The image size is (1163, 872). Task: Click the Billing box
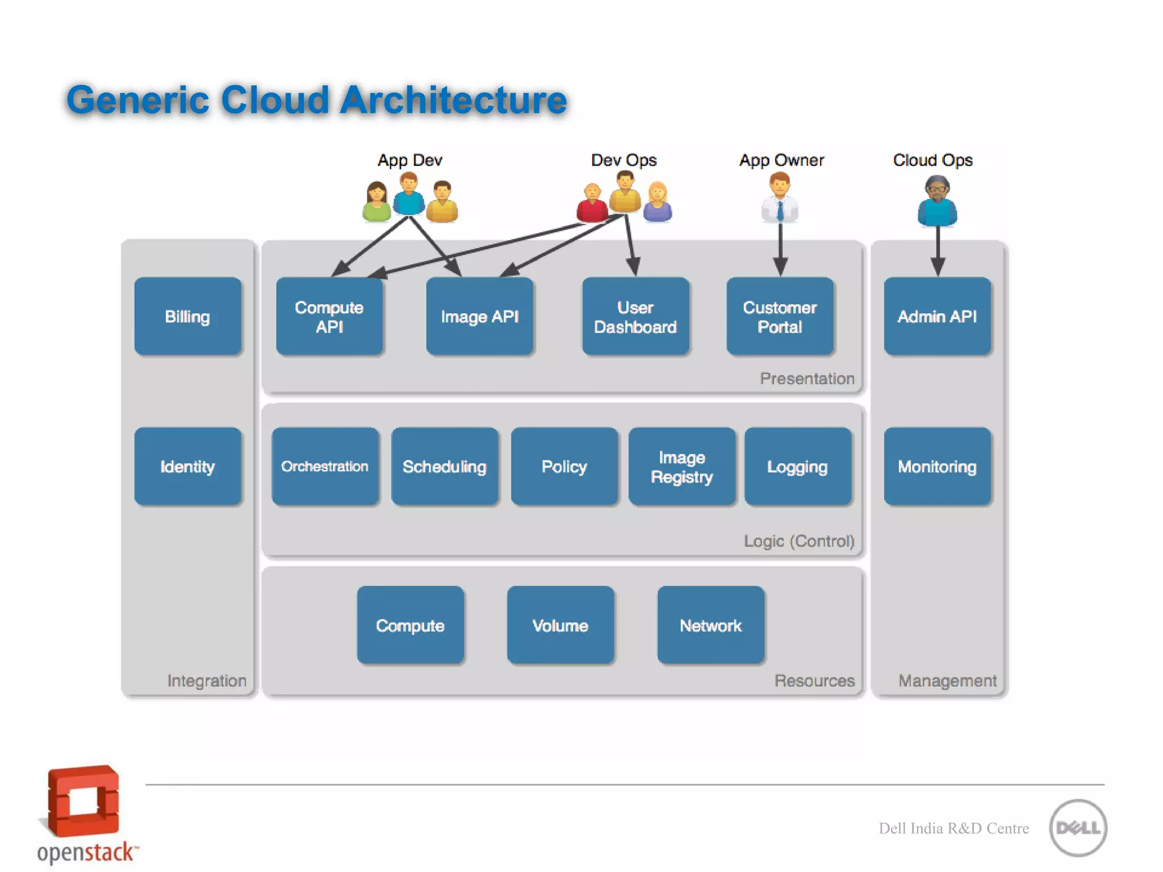pos(187,316)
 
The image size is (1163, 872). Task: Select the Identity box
pos(187,466)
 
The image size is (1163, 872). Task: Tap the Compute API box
pos(329,316)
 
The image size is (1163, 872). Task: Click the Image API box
pos(479,316)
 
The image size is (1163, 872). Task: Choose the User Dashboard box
pos(635,316)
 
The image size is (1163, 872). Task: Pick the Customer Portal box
pos(780,316)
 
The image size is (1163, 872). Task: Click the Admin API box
pos(937,316)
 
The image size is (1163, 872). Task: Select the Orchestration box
pos(325,466)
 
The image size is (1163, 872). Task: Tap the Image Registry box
pos(681,466)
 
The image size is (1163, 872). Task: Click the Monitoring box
pos(937,466)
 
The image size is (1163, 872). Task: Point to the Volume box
pos(560,625)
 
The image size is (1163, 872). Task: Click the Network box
pos(710,625)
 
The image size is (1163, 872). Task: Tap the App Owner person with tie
pos(780,198)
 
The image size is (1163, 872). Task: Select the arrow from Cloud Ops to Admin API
pos(938,250)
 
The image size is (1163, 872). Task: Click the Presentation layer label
pos(806,379)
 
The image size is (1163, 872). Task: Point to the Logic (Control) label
pos(798,541)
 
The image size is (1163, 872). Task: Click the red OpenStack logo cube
pos(83,800)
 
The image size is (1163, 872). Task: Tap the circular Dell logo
pos(1078,828)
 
